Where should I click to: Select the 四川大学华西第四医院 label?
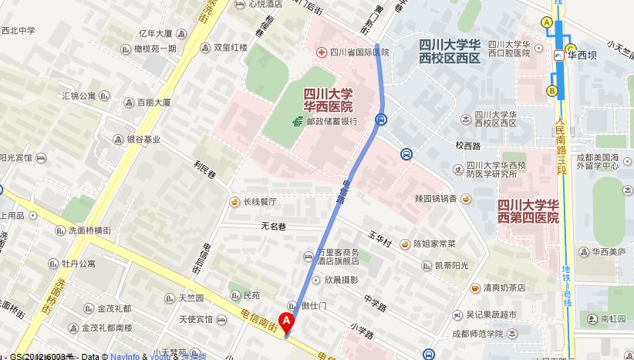click(x=528, y=210)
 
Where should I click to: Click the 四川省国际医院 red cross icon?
click(x=321, y=52)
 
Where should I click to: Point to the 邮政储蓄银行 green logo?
click(x=296, y=122)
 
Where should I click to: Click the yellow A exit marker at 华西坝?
click(x=547, y=23)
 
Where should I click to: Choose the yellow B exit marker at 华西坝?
click(x=551, y=91)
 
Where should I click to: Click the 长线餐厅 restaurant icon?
click(x=234, y=202)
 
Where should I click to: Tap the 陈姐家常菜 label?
click(x=433, y=244)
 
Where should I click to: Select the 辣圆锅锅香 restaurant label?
click(x=437, y=199)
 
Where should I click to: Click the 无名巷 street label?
click(x=273, y=227)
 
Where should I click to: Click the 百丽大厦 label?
click(x=153, y=102)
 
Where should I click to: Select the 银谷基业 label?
click(x=143, y=140)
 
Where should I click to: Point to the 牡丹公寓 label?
click(x=79, y=264)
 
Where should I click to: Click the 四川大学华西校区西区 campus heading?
click(x=450, y=52)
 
